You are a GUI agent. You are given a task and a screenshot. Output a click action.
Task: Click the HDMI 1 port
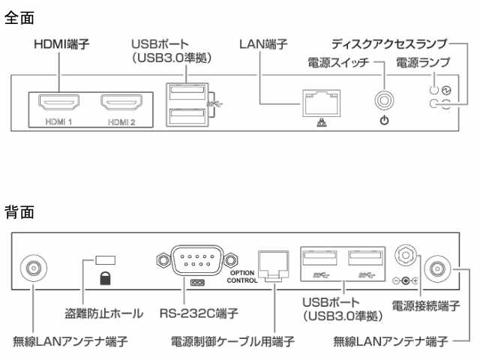coord(61,102)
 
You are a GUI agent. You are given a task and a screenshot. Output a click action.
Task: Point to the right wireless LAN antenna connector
coord(437,267)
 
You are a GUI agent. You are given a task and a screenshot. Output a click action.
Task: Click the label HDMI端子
coord(61,44)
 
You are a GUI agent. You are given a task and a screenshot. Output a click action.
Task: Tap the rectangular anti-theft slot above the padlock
coord(104,259)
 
